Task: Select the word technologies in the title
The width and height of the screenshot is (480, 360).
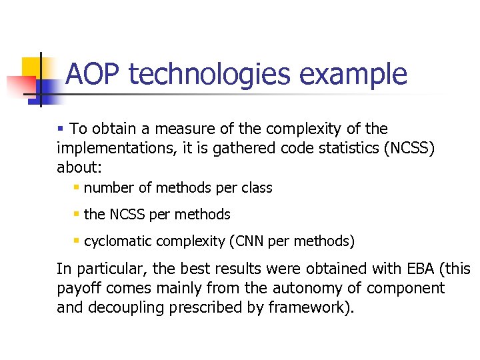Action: (210, 74)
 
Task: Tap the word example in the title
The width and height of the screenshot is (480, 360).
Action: (353, 74)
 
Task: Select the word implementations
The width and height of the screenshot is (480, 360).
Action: (113, 147)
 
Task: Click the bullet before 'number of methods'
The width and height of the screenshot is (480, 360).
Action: (77, 188)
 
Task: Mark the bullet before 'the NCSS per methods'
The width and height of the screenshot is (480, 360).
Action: (77, 215)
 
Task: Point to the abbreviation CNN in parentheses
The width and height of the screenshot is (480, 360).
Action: (249, 241)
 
